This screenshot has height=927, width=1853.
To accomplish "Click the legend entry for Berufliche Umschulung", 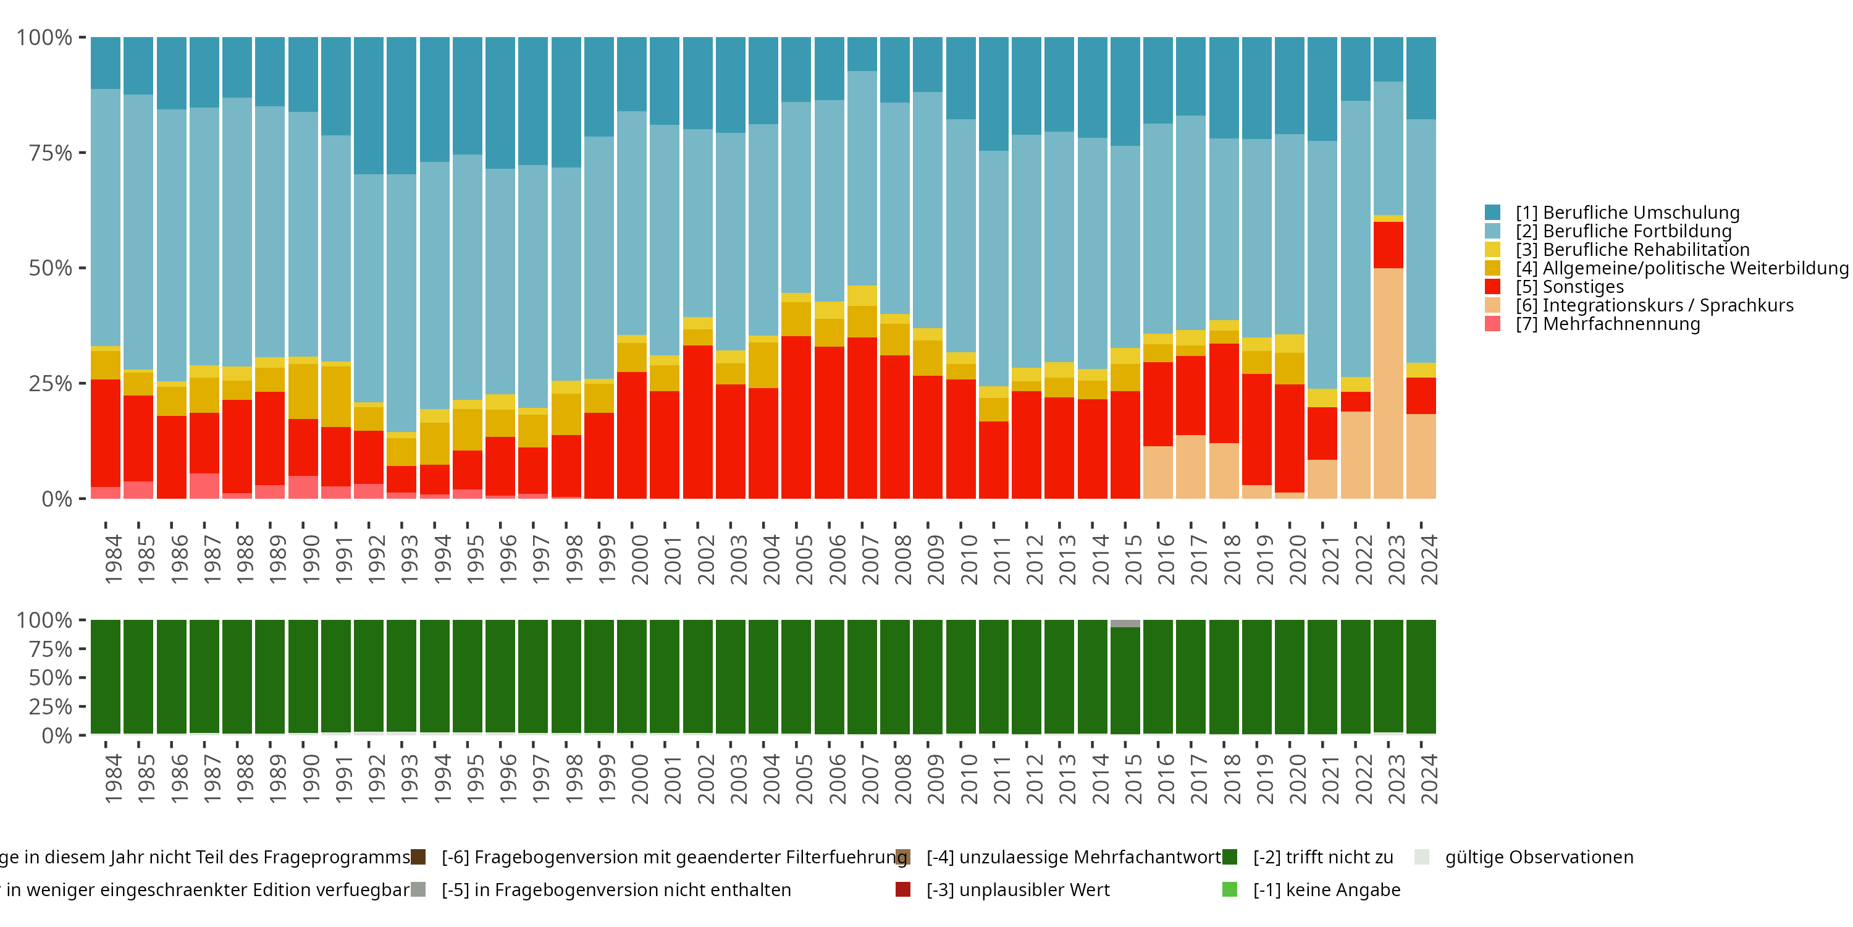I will pos(1626,213).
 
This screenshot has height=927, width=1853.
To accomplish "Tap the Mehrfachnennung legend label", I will pos(1607,324).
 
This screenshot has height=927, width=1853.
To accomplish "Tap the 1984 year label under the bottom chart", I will pos(113,779).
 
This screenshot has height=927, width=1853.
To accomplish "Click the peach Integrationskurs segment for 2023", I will pos(1389,383).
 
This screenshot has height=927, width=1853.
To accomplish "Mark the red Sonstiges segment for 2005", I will pos(796,417).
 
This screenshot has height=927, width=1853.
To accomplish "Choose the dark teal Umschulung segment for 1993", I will pos(401,105).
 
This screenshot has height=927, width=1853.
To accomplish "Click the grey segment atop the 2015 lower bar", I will pos(1125,624).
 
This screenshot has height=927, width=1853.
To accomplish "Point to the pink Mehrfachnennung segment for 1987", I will pos(204,486).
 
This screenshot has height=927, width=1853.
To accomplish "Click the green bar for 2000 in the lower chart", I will pos(632,677).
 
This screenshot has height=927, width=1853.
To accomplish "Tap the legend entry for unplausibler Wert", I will pos(1017,889).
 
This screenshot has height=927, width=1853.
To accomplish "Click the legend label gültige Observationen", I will pos(1539,857).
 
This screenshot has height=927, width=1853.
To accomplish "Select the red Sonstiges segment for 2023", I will pos(1389,245).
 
